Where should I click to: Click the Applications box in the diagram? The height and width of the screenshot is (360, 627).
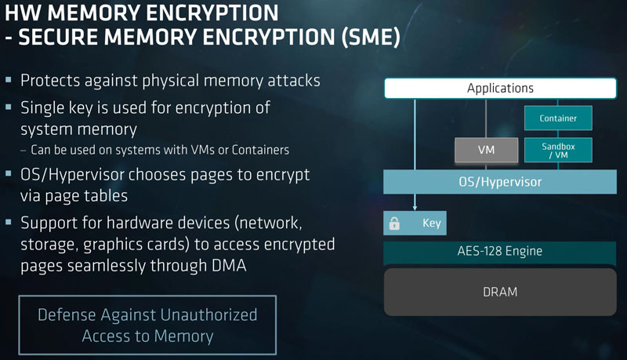pos(499,89)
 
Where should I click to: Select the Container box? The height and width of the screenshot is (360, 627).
pos(558,118)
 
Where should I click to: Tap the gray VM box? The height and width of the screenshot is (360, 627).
pos(486,149)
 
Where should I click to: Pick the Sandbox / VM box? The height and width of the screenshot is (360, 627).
pos(558,149)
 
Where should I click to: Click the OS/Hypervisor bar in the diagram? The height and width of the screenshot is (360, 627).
pos(499,182)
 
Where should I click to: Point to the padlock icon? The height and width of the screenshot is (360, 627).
pos(394,224)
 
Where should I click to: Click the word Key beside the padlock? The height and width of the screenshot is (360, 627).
pos(432,224)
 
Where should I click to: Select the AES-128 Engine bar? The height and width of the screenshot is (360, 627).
pos(499,252)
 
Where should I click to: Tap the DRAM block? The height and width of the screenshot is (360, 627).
pos(499,292)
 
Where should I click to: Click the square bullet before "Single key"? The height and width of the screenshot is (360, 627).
pos(9,107)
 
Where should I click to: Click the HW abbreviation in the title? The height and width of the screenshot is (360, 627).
pos(22,13)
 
